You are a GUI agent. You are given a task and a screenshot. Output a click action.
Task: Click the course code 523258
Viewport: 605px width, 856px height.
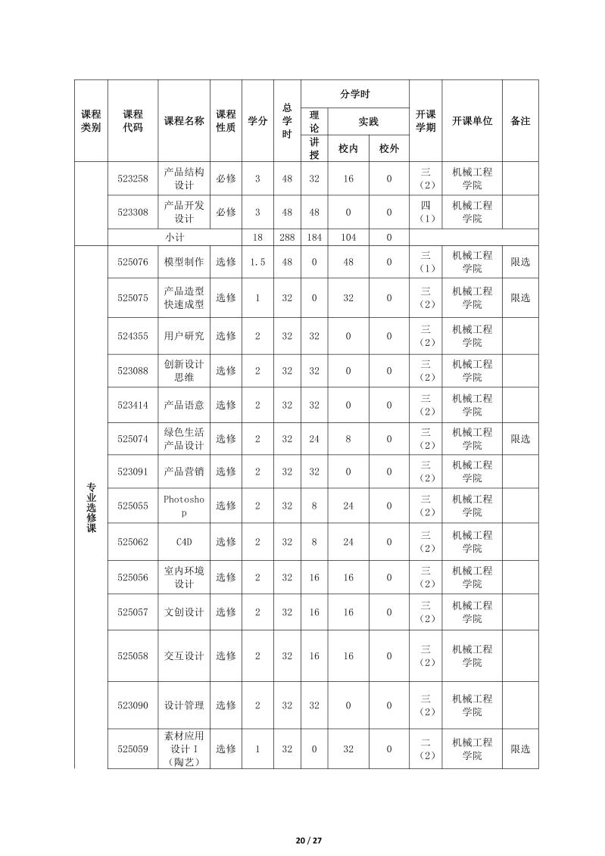pos(133,179)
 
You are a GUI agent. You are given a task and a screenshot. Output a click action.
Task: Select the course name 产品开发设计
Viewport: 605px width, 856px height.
pos(184,212)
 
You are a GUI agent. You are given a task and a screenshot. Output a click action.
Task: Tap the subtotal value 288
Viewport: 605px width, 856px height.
pos(287,237)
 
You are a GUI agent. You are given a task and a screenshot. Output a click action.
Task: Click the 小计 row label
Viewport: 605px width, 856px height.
pos(175,237)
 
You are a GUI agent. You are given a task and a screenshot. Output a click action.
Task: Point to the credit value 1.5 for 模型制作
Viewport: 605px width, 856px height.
pos(257,262)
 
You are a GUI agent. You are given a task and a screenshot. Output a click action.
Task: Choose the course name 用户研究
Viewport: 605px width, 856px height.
pos(184,336)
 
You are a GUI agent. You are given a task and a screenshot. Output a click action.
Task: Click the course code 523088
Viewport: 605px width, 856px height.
pos(133,371)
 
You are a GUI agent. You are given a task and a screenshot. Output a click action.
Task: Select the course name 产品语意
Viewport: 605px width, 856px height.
pos(184,405)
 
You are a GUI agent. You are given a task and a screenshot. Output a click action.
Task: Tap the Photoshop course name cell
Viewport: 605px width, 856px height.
pos(184,506)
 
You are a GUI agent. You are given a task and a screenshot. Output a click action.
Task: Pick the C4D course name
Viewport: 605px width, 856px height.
pos(184,542)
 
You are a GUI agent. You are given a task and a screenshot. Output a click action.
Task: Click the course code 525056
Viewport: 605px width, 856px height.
pos(133,577)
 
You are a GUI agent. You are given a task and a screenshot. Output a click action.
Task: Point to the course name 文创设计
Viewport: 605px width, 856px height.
pos(184,612)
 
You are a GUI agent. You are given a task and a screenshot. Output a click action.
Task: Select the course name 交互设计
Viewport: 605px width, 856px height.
pos(184,656)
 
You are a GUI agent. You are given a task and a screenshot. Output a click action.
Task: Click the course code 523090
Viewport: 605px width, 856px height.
pos(133,705)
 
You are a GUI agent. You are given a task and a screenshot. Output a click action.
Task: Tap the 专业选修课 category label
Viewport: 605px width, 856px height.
pos(91,507)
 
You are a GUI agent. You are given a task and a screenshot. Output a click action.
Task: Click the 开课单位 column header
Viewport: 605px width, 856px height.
pos(472,121)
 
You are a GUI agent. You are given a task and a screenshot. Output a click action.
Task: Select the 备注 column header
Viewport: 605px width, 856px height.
pos(520,121)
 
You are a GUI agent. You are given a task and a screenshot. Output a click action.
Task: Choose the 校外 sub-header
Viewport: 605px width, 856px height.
pos(389,148)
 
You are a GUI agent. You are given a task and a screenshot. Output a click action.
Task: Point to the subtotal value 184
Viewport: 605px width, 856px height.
pos(314,237)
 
